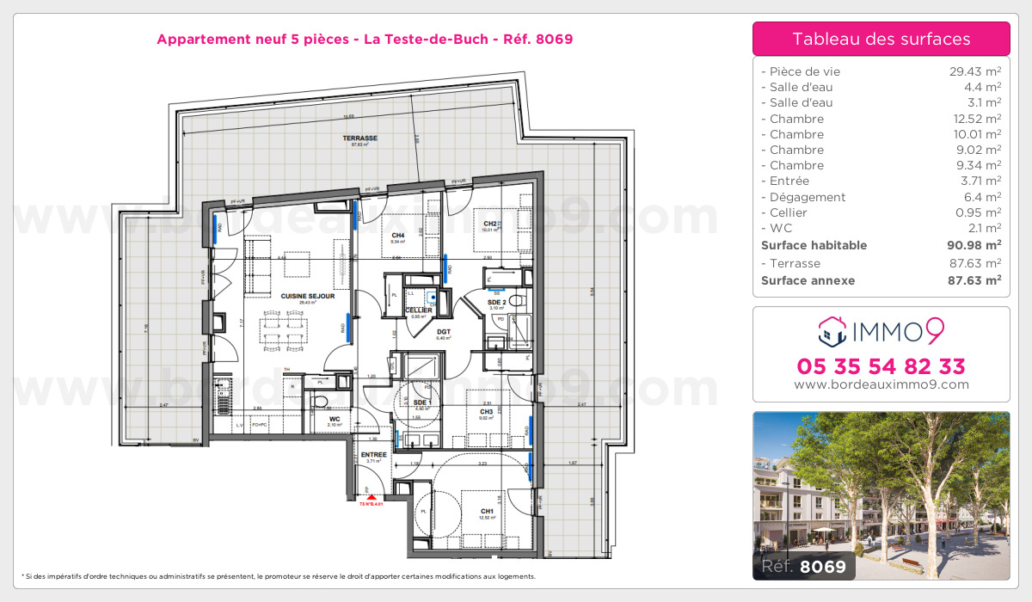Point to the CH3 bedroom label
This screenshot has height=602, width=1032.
pyautogui.click(x=487, y=411)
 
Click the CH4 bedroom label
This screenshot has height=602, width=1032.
pyautogui.click(x=398, y=235)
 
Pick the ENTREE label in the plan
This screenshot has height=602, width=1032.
pyautogui.click(x=373, y=454)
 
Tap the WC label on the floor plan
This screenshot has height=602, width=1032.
pyautogui.click(x=335, y=419)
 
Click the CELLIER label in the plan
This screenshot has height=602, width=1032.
pyautogui.click(x=432, y=310)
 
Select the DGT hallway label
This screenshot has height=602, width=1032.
pyautogui.click(x=444, y=331)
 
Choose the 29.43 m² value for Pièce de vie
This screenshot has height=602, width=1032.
pyautogui.click(x=971, y=71)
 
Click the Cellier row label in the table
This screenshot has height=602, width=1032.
pyautogui.click(x=789, y=212)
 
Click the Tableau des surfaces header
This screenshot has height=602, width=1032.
pyautogui.click(x=881, y=39)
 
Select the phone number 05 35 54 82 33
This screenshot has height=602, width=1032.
pyautogui.click(x=881, y=366)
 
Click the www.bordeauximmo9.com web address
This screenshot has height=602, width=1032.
pyautogui.click(x=881, y=384)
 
